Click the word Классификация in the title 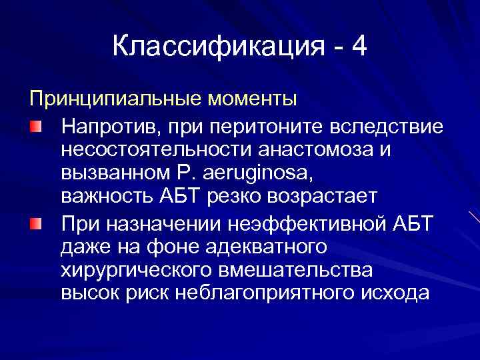point(218,47)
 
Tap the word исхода point(395,295)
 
